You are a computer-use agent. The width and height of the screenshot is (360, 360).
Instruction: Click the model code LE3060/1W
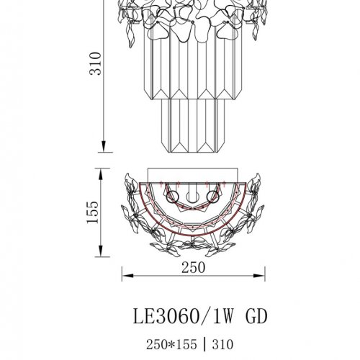click(x=171, y=316)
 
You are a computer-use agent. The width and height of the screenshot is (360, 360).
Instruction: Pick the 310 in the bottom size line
click(x=222, y=345)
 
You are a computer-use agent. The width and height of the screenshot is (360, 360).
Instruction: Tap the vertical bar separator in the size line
click(x=202, y=345)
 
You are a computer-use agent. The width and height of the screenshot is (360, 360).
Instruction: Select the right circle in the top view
click(x=212, y=194)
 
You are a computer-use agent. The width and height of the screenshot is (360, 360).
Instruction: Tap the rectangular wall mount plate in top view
click(x=193, y=176)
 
